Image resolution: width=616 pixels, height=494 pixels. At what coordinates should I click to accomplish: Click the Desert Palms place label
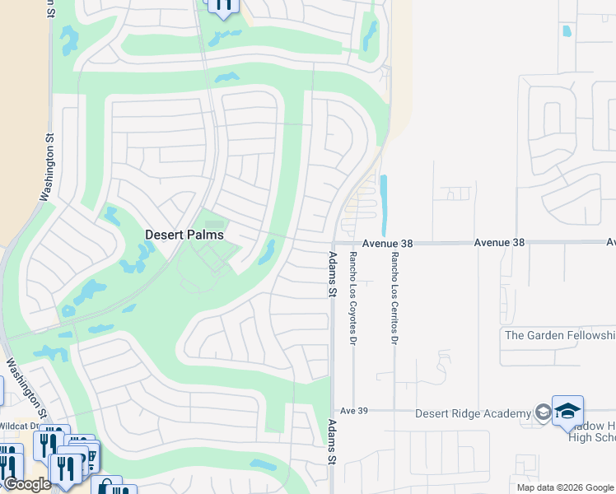pos(184,235)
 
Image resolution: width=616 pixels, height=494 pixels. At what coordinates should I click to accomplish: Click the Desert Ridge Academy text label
pos(473,413)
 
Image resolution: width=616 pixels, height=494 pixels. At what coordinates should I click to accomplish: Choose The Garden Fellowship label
pos(559,335)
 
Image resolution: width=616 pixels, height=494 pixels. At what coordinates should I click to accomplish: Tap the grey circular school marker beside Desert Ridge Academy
pos(543,412)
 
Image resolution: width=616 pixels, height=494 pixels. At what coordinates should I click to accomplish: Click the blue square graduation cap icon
pos(568,411)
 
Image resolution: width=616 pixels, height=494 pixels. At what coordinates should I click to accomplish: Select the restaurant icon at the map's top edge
pos(223,6)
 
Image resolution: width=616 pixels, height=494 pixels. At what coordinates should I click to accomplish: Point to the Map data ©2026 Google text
pos(565,487)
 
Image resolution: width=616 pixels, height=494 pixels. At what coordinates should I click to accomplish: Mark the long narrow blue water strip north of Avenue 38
pos(383,205)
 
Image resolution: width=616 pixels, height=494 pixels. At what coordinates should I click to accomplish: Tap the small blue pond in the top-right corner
pos(566,32)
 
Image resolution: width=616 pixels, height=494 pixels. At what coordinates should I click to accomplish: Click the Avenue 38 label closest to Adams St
pos(385,244)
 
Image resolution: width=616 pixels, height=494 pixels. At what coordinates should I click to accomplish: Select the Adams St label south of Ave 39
pos(333,445)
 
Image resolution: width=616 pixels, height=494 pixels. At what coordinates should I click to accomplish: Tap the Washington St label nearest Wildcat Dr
pos(27,386)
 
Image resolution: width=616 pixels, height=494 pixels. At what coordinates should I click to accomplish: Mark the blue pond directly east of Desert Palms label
pos(266,252)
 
